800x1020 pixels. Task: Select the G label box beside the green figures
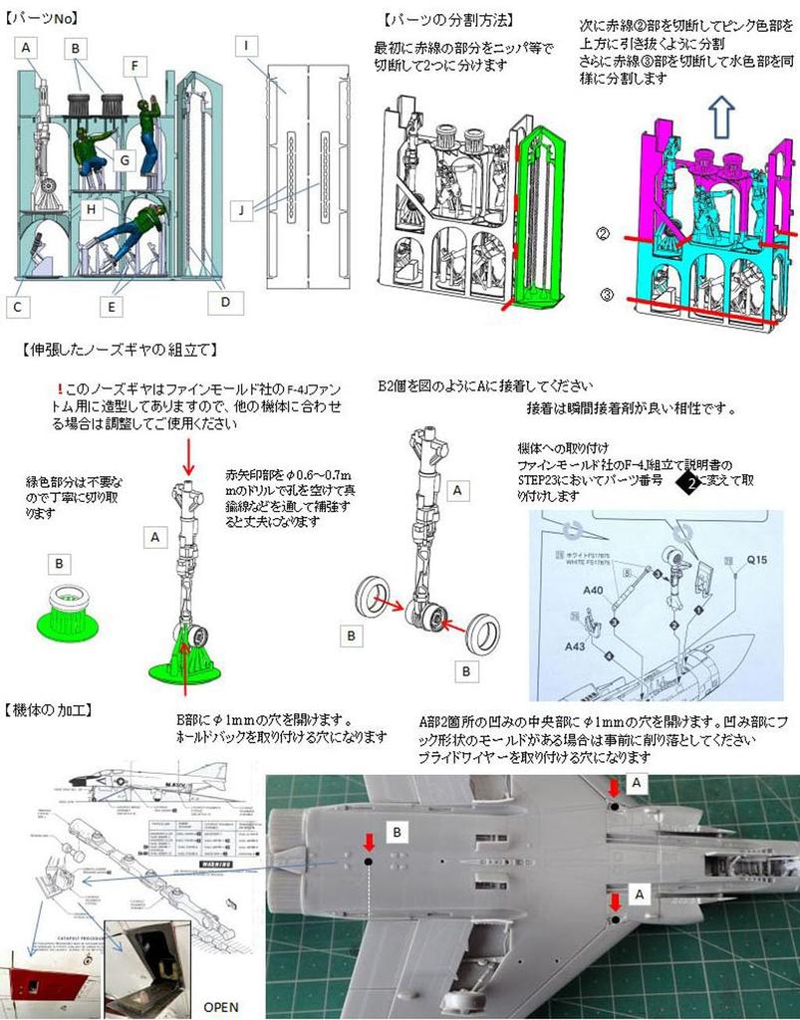click(x=123, y=159)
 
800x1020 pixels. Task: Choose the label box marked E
click(x=113, y=308)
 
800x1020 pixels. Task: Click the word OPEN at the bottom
click(x=221, y=1006)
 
